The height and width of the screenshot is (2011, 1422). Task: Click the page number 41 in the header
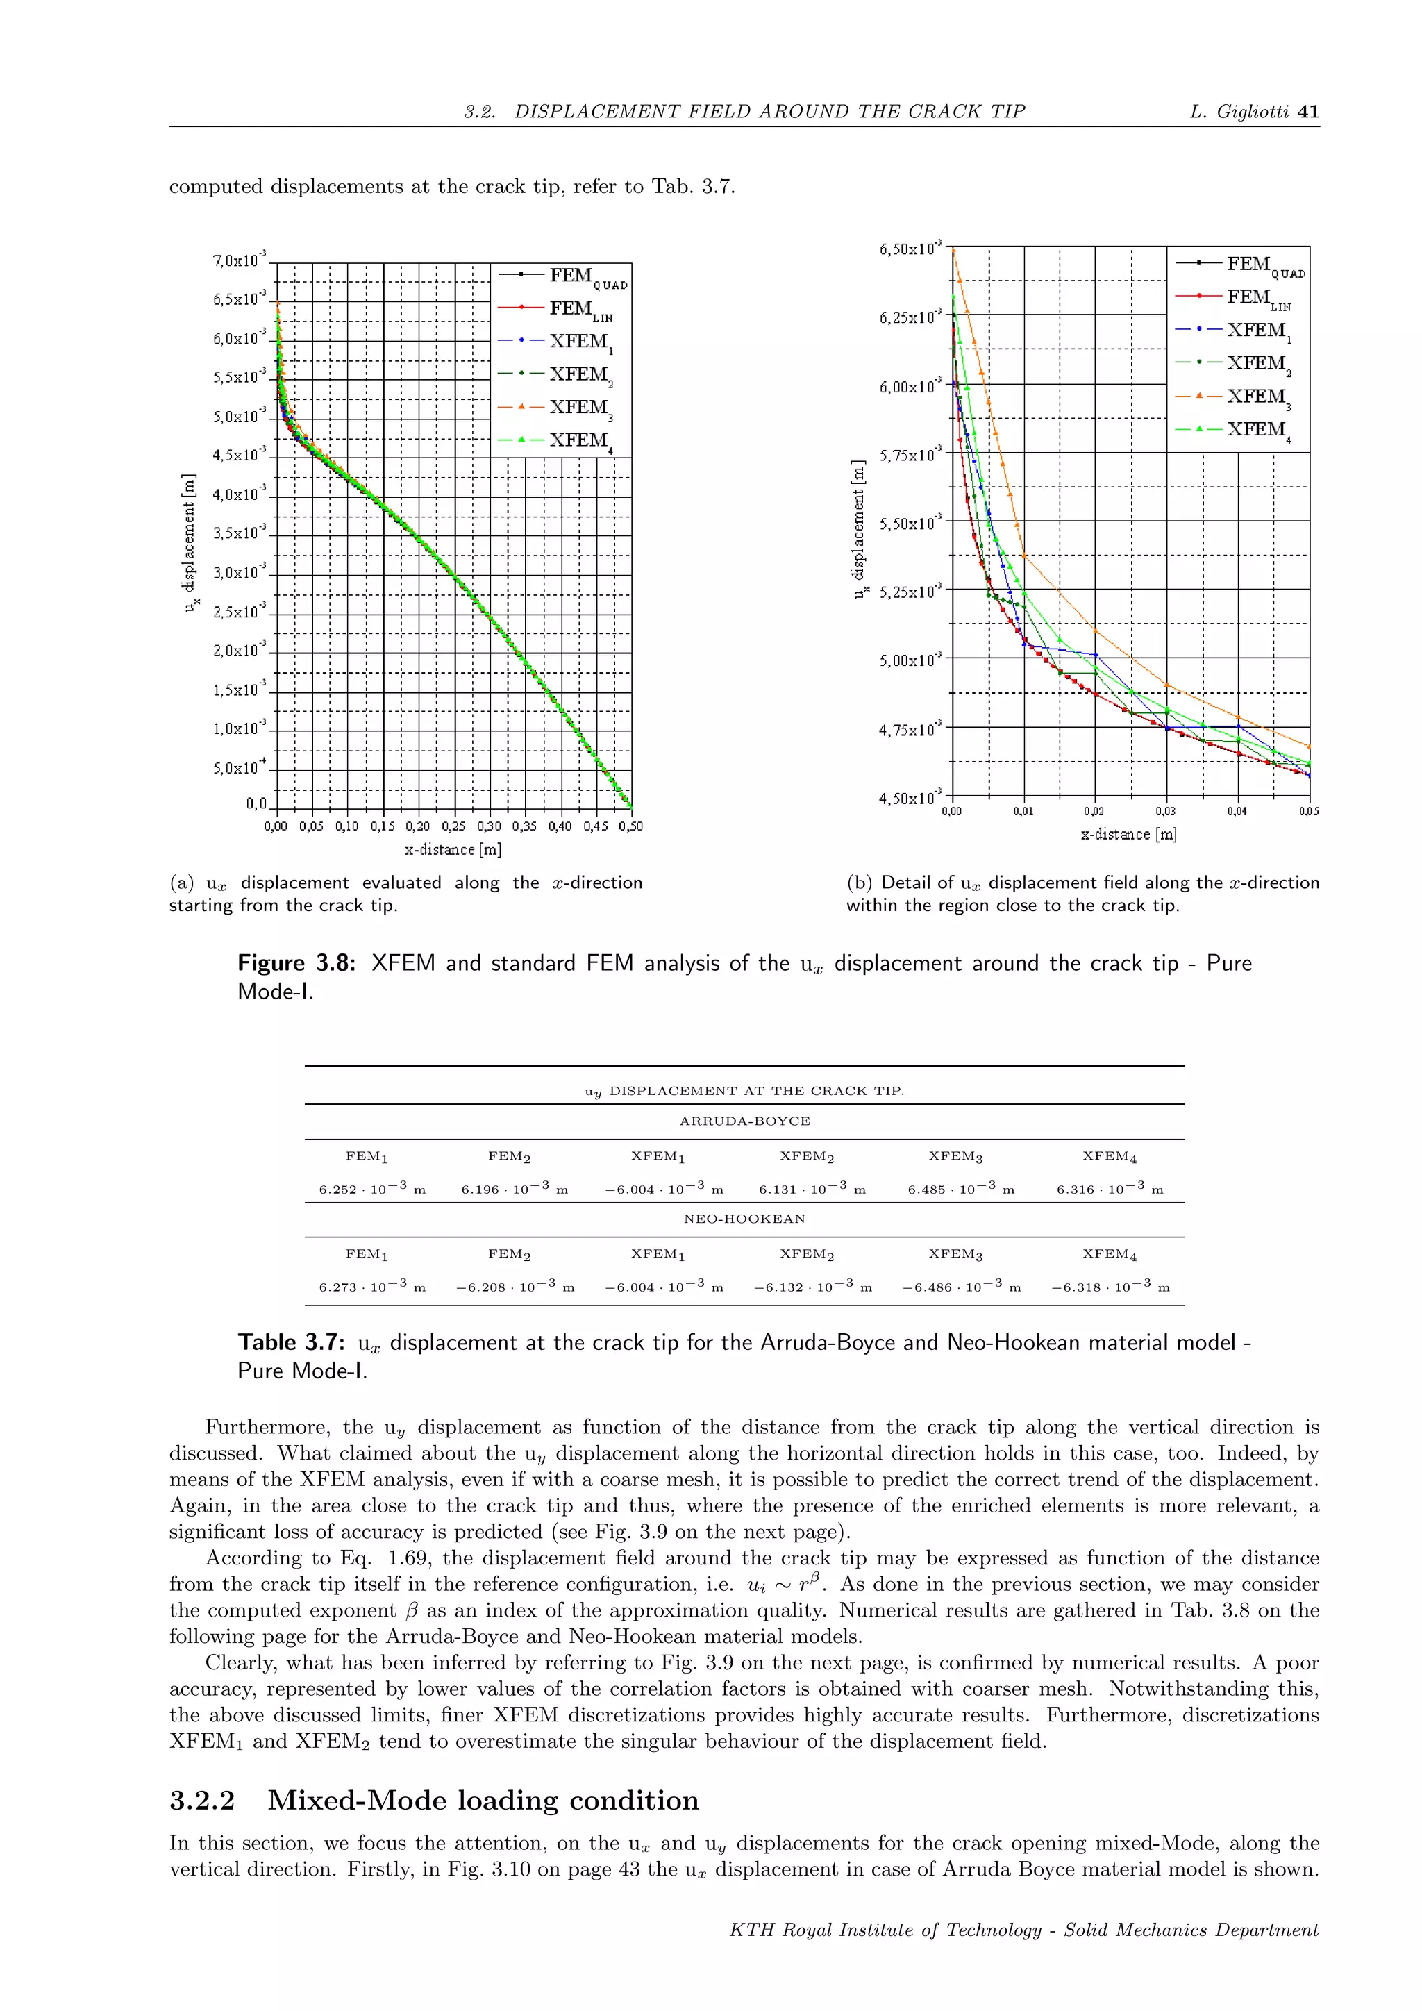(x=1308, y=111)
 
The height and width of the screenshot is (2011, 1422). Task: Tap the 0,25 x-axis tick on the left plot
(x=453, y=826)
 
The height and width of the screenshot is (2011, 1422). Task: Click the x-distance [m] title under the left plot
(x=453, y=849)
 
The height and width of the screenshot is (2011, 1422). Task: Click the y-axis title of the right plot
(x=859, y=530)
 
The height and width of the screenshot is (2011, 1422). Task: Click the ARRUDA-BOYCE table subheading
(x=744, y=1121)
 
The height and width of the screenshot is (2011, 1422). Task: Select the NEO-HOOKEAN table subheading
(x=744, y=1219)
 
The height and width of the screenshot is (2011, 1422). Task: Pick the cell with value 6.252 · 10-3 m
(x=372, y=1189)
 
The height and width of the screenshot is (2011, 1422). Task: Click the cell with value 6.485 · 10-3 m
(x=960, y=1189)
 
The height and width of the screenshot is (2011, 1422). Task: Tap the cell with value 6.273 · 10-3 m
(x=372, y=1287)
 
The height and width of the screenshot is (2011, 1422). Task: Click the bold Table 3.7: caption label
(x=292, y=1343)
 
